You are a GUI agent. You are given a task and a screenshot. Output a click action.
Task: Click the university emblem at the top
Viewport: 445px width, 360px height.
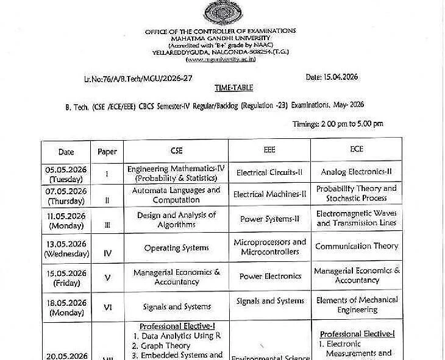[x=220, y=12]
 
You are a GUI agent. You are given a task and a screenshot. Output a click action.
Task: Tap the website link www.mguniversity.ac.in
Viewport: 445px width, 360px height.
[x=220, y=59]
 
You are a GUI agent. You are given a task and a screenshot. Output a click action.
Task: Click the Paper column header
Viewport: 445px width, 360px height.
[x=107, y=152]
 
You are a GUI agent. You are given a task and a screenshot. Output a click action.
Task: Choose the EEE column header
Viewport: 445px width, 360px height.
[x=269, y=150]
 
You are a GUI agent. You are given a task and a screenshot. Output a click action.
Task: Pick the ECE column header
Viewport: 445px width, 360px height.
[x=356, y=150]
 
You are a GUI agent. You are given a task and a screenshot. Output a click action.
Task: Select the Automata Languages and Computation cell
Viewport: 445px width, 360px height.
[x=176, y=195]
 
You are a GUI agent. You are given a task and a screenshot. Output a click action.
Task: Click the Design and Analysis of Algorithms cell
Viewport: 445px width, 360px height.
[x=176, y=220]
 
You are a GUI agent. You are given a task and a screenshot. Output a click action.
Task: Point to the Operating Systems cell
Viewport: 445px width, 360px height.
[x=176, y=248]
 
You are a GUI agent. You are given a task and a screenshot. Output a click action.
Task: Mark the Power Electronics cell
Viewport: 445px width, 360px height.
[x=270, y=276]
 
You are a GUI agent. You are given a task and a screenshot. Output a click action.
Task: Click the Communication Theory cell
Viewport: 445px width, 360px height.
[x=357, y=246]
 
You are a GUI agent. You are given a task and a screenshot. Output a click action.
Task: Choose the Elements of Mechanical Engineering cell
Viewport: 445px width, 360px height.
[x=357, y=305]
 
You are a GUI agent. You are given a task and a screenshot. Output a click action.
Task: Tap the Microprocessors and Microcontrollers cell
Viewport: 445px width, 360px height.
[x=270, y=247]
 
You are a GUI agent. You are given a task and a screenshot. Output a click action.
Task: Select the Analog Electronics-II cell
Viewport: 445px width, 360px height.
[x=357, y=172]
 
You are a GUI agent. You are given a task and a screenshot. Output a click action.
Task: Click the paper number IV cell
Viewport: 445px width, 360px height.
[x=107, y=249]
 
